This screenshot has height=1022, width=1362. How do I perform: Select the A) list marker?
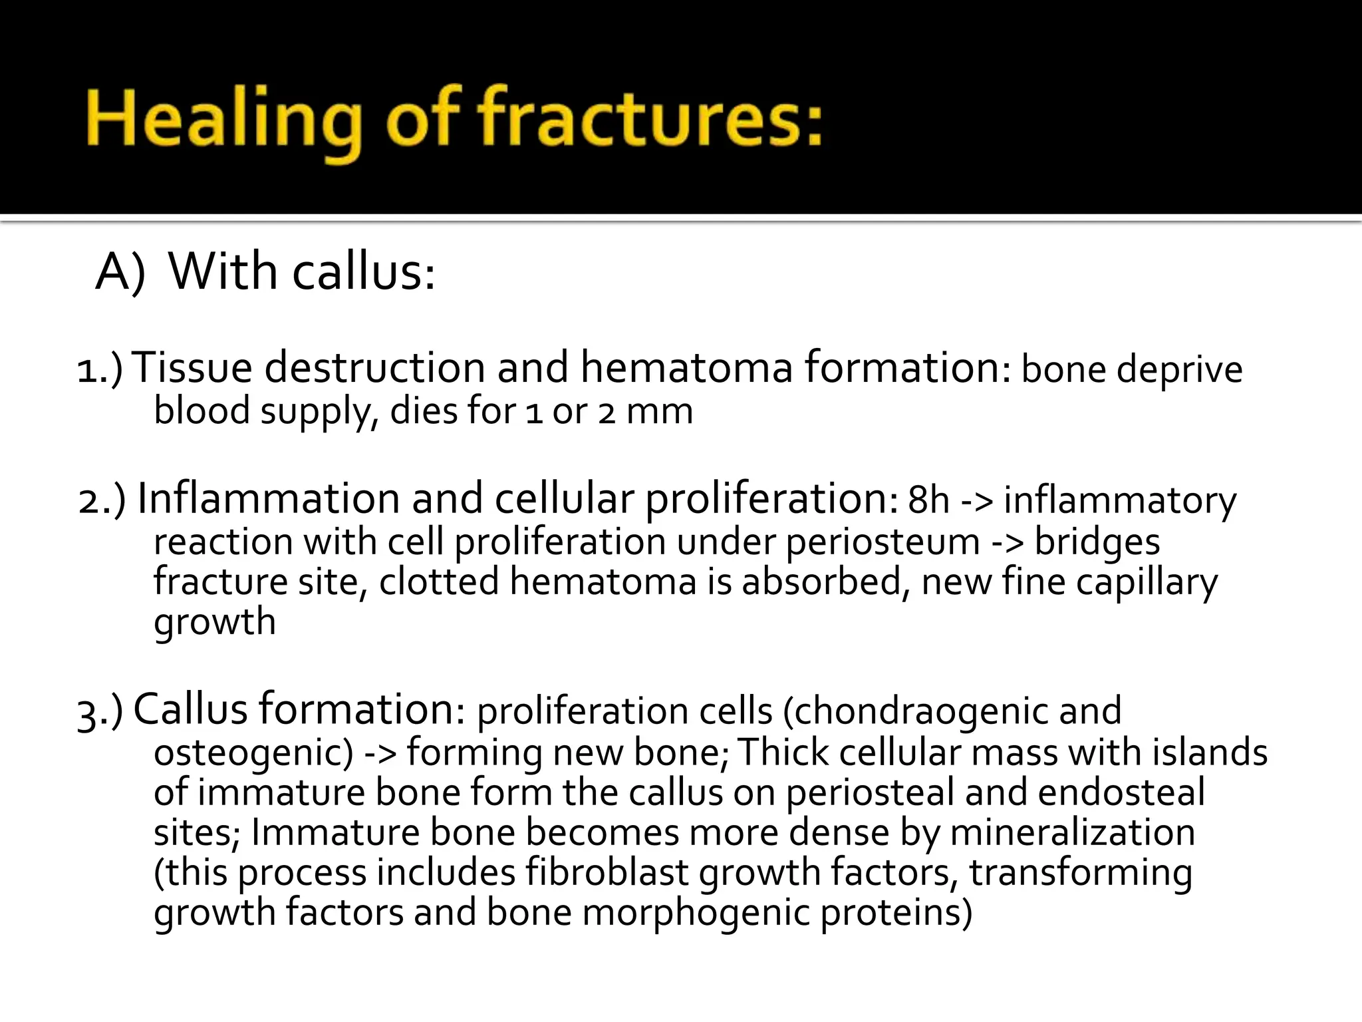click(120, 273)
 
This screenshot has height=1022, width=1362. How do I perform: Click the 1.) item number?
click(100, 370)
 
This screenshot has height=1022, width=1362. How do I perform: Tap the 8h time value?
click(928, 500)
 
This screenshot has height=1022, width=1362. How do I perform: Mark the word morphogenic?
click(696, 913)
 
